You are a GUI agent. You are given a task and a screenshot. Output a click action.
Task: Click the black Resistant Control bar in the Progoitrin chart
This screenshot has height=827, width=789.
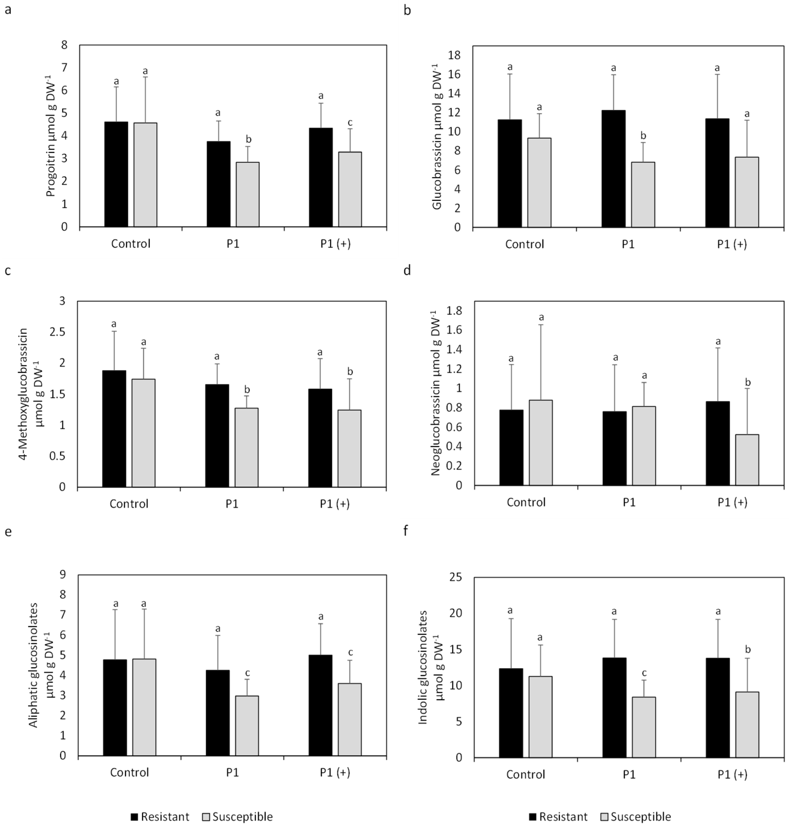(x=116, y=174)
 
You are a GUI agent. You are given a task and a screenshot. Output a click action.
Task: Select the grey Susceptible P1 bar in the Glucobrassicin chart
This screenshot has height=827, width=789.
(x=643, y=195)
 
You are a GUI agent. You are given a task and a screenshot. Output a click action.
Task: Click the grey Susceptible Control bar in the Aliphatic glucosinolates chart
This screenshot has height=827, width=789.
(x=144, y=707)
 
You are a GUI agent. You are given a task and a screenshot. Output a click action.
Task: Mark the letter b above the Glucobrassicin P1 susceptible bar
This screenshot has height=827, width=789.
(x=643, y=136)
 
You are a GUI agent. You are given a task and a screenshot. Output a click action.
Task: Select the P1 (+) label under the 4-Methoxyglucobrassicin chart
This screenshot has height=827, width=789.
(x=335, y=504)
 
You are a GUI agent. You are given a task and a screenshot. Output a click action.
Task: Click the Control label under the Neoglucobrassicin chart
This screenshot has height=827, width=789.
(x=526, y=502)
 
